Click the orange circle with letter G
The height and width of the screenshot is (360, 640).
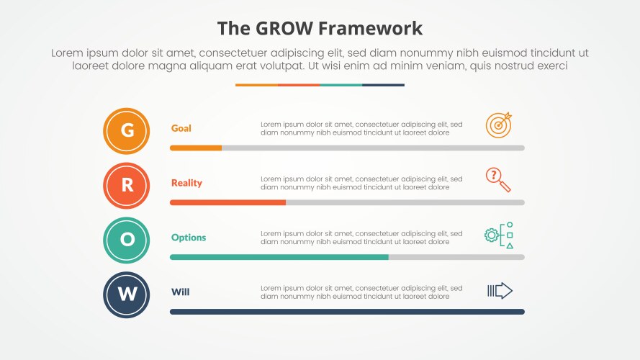coord(127,131)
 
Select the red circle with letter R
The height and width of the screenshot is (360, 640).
coord(127,186)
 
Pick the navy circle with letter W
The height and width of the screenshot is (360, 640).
coord(127,294)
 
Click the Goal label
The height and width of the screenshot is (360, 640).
coord(181,128)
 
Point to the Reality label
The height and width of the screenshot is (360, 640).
coord(186,183)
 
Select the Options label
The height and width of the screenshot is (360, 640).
coord(189,238)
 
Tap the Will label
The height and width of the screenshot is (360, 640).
coord(180,292)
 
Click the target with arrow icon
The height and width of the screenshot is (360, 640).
coord(499,124)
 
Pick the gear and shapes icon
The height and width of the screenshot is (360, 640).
coord(500,235)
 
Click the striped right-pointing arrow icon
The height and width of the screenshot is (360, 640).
coord(500,291)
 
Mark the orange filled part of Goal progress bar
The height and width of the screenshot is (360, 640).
coord(196,148)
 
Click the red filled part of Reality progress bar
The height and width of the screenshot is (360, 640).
coord(227,202)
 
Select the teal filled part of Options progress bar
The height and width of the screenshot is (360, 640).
coord(279,257)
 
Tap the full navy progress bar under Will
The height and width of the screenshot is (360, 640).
coord(347,312)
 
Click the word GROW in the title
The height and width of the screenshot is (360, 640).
coord(284,28)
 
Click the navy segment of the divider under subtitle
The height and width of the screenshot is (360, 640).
coord(383,85)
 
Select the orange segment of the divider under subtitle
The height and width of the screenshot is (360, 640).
coord(256,85)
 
